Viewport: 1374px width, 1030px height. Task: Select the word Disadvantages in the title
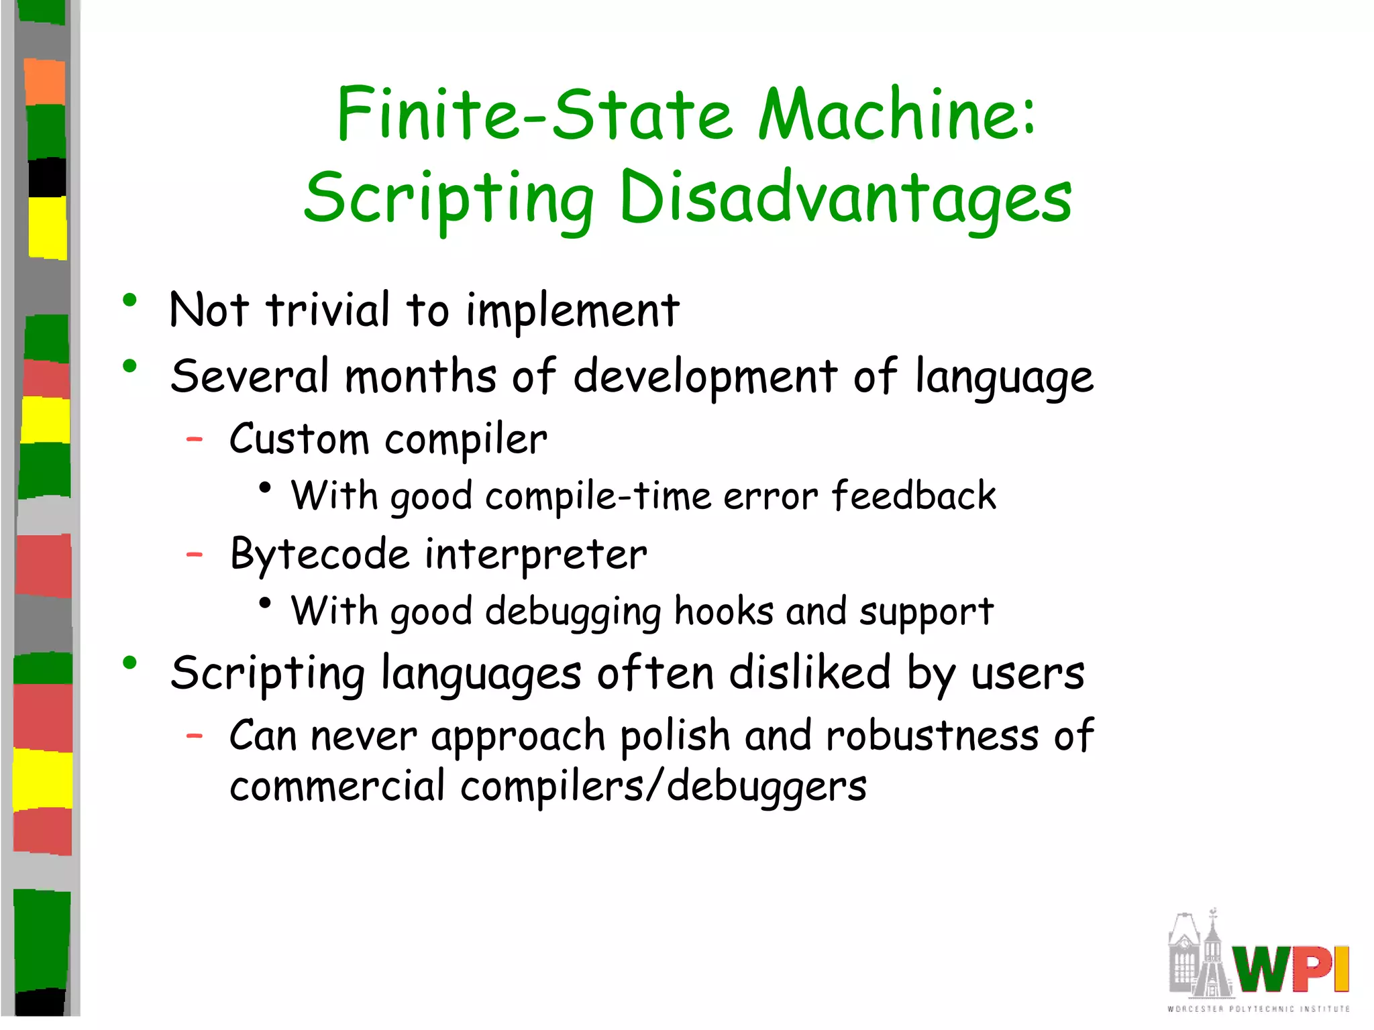click(845, 198)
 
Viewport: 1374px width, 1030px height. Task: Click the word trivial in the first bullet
click(327, 310)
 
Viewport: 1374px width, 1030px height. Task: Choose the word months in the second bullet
click(421, 376)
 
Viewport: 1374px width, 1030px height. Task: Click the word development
click(705, 378)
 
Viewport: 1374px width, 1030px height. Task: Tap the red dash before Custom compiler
click(195, 440)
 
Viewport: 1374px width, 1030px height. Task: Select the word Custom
click(299, 440)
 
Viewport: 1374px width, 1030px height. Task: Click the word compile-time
click(598, 497)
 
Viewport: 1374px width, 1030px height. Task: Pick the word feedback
click(914, 496)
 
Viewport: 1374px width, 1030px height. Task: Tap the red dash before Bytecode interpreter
click(195, 555)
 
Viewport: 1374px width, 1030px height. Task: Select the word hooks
click(723, 612)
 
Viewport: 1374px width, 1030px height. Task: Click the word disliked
click(810, 673)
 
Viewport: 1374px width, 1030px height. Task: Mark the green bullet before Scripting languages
click(130, 663)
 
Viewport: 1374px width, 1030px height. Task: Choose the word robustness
click(932, 736)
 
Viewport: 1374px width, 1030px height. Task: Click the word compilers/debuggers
click(664, 787)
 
